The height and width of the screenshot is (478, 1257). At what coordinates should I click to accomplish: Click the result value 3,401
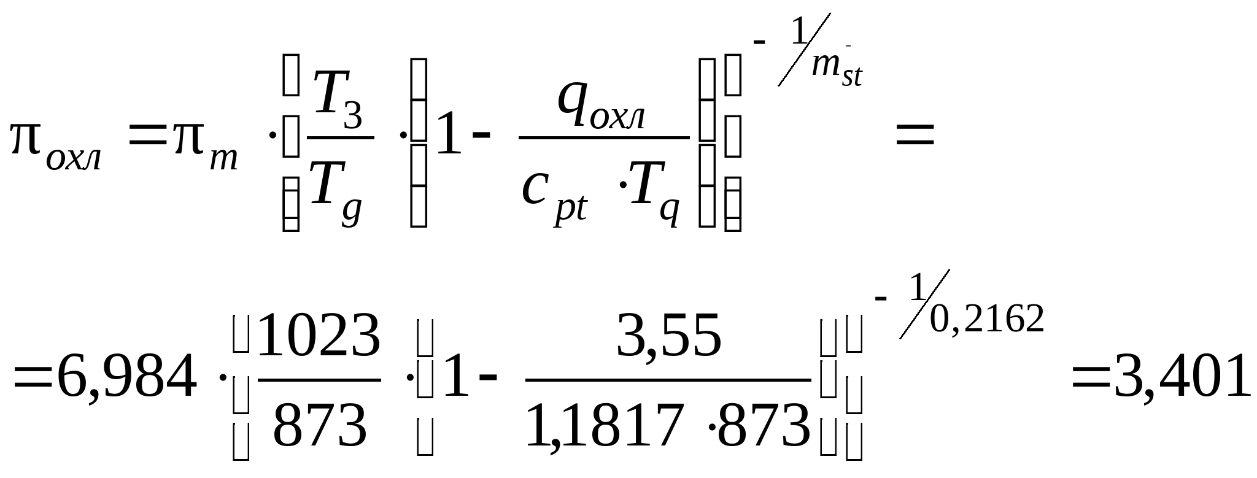pyautogui.click(x=1182, y=376)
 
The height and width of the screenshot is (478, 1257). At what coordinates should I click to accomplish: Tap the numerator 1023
pyautogui.click(x=319, y=336)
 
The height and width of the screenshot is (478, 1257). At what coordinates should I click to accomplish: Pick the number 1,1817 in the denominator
pyautogui.click(x=604, y=425)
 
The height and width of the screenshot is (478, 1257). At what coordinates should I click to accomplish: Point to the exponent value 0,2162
pyautogui.click(x=986, y=319)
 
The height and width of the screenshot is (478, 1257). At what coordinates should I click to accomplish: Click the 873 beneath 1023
pyautogui.click(x=320, y=425)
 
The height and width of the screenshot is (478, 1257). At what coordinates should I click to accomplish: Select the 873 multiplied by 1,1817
pyautogui.click(x=764, y=425)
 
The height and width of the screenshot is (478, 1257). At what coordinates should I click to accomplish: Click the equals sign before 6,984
pyautogui.click(x=33, y=378)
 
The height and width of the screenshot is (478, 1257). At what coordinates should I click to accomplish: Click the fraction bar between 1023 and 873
pyautogui.click(x=319, y=380)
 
